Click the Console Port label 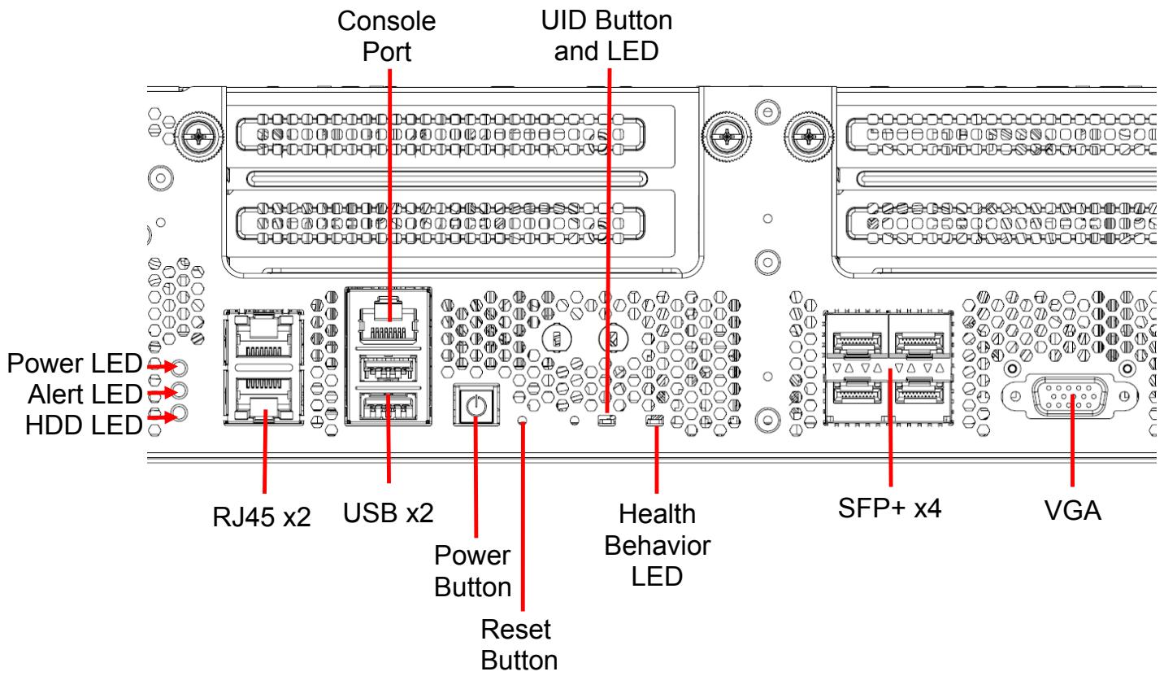(x=387, y=37)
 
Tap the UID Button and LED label (x=606, y=35)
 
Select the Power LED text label (x=74, y=363)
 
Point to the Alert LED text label (x=85, y=394)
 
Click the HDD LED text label (x=84, y=425)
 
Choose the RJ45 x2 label (x=262, y=517)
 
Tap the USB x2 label (x=389, y=512)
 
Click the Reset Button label (x=519, y=645)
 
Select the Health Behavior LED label (x=657, y=545)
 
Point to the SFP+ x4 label (x=889, y=508)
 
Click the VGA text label (x=1072, y=511)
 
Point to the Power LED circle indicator (x=180, y=367)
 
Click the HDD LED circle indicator (x=180, y=413)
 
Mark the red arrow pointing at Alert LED (x=162, y=392)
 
